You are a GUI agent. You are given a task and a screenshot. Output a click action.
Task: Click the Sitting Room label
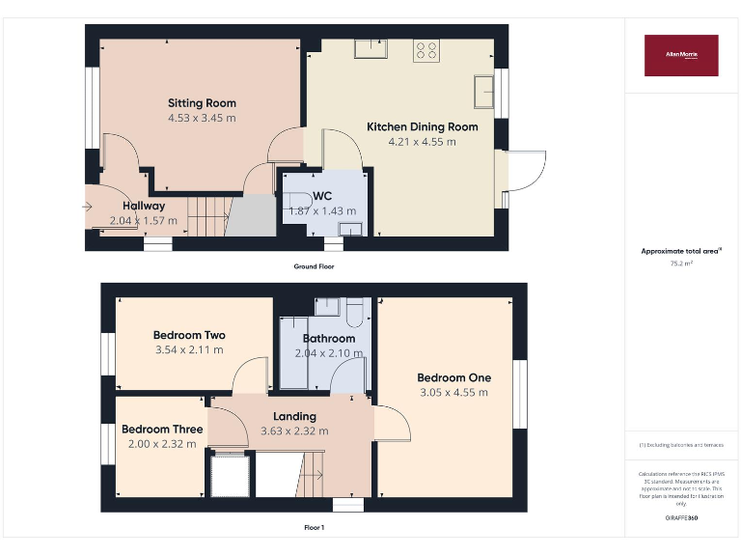coord(202,103)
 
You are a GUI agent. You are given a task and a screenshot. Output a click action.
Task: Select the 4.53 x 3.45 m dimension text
coord(202,118)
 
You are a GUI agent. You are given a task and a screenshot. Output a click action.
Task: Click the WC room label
coord(322,196)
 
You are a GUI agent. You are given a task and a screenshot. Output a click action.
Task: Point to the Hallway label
coord(144,206)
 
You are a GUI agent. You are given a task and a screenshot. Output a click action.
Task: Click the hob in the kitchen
coord(425,50)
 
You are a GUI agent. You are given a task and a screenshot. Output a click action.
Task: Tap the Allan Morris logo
coord(681,55)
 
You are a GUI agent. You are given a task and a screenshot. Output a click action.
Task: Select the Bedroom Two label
coord(189,336)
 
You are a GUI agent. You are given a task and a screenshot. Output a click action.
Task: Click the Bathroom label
coord(329,339)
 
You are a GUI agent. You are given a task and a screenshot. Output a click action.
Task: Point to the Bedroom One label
coord(453,377)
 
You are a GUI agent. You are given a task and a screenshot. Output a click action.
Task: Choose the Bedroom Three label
coord(162,430)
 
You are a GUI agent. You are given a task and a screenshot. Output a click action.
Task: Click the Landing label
coord(294,417)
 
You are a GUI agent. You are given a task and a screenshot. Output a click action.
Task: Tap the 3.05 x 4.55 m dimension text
coord(453,393)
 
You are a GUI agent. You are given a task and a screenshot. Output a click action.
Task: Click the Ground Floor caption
coord(315,265)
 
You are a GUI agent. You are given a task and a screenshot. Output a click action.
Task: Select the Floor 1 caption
coord(314,528)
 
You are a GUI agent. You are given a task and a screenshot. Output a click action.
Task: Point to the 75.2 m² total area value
coord(681,263)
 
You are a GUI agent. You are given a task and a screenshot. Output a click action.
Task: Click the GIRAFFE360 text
coord(681,518)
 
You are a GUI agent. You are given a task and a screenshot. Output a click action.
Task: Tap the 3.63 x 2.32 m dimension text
coord(294,431)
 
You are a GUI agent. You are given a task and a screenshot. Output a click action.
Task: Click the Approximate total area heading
coord(680,251)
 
